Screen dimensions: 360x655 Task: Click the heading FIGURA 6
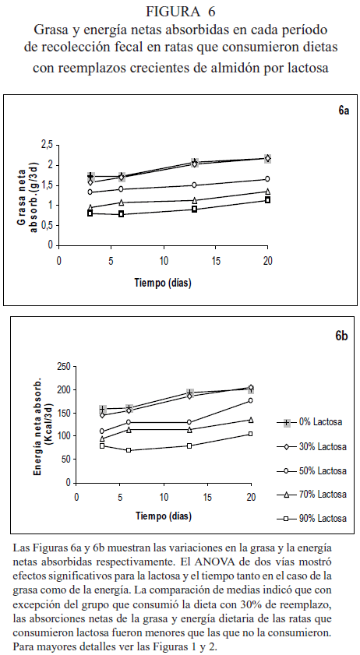(x=180, y=12)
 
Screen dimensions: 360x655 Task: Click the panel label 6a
(x=344, y=111)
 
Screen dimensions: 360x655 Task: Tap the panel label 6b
(x=341, y=336)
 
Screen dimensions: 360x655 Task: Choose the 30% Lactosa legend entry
(x=311, y=446)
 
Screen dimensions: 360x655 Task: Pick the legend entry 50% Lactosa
(x=311, y=470)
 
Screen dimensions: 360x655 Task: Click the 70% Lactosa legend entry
(x=311, y=495)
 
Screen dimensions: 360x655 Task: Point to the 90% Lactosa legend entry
(x=311, y=519)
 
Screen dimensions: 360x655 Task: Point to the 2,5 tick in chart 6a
(x=48, y=145)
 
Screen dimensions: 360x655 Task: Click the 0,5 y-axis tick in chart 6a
(x=48, y=226)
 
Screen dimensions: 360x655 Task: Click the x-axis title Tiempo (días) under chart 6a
(x=163, y=283)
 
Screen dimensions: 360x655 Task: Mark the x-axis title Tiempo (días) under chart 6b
(x=164, y=516)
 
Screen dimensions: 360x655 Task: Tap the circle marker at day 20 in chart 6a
(x=267, y=179)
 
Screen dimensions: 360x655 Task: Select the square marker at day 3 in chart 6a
(x=90, y=213)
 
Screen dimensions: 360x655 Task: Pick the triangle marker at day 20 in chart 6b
(x=251, y=420)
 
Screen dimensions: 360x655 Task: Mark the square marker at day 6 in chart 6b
(x=129, y=450)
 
